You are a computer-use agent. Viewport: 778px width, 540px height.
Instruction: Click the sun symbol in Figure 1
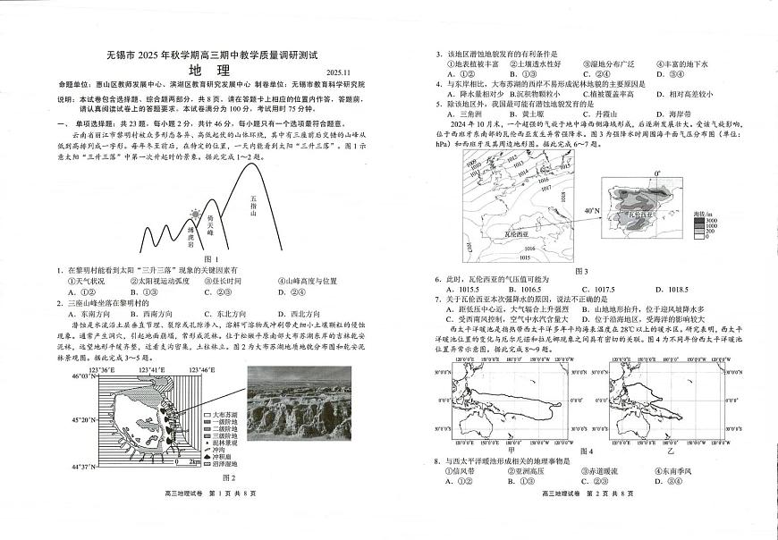pos(196,215)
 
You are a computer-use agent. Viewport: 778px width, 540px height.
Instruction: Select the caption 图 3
pos(582,271)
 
